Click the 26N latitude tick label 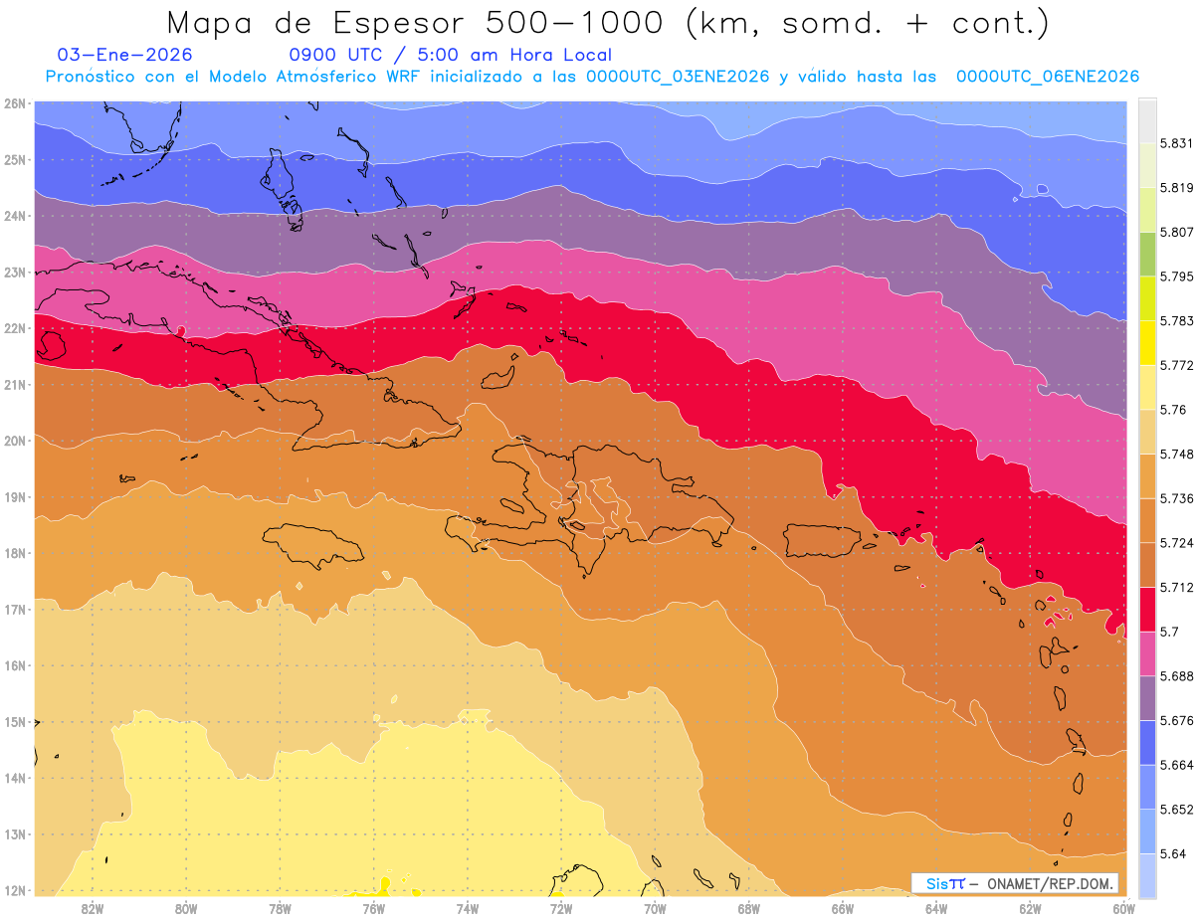tap(15, 102)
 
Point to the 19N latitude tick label tap(15, 496)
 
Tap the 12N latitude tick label tap(15, 890)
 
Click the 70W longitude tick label tap(655, 907)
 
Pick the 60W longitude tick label tap(1124, 907)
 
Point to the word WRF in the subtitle tap(406, 77)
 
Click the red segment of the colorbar tap(1147, 609)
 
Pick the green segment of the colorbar tap(1147, 255)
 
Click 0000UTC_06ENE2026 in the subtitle tap(1048, 77)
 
